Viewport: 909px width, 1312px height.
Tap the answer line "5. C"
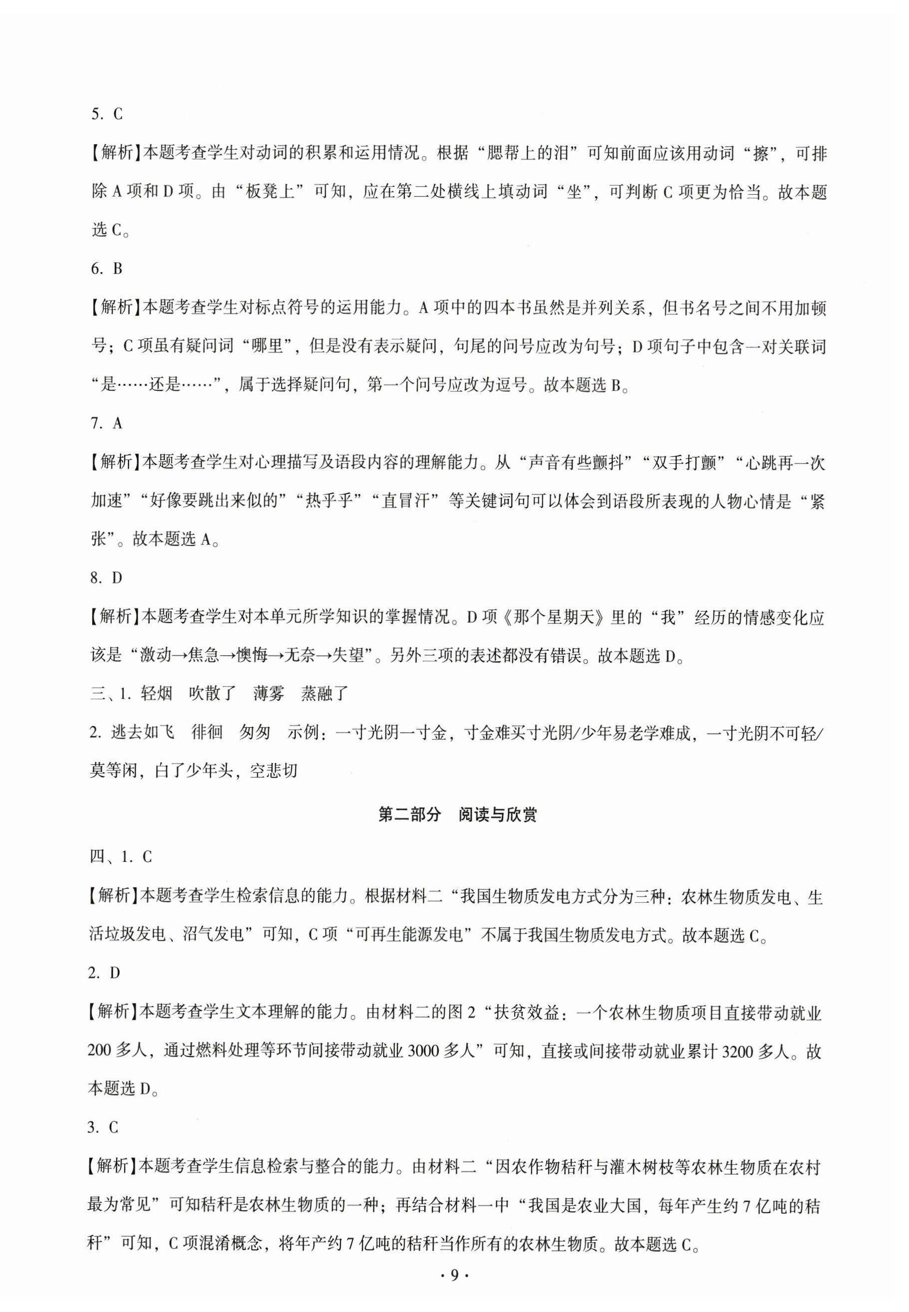pyautogui.click(x=107, y=114)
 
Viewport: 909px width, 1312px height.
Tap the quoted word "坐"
pyautogui.click(x=576, y=192)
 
